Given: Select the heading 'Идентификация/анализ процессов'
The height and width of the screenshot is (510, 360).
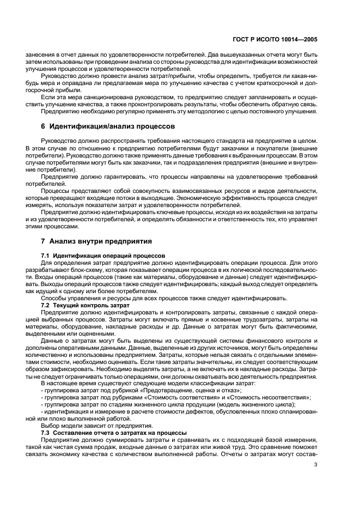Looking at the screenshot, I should coord(111,126).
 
